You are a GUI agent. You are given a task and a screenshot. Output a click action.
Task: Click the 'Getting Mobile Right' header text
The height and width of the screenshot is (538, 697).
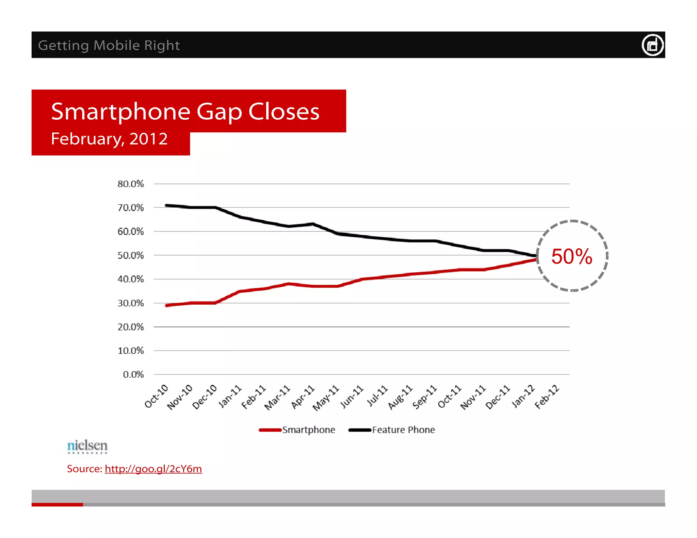point(109,45)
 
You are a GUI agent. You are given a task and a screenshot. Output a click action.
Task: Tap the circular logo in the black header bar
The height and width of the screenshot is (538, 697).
point(652,45)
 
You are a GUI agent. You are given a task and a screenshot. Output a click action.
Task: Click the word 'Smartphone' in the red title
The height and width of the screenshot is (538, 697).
point(120,112)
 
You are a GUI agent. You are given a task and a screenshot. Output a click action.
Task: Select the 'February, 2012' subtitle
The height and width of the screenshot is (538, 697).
point(109,139)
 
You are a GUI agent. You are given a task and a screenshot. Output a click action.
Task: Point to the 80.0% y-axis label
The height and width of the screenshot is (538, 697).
point(131,184)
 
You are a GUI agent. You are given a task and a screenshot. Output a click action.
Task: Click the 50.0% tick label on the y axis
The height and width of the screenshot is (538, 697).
point(131,255)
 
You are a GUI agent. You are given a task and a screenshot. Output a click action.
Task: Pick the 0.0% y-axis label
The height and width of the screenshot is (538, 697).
point(133,374)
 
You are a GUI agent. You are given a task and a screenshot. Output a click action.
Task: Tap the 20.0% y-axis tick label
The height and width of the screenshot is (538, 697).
point(131,327)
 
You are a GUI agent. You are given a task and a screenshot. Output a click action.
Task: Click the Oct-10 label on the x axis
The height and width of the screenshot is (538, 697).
point(157,396)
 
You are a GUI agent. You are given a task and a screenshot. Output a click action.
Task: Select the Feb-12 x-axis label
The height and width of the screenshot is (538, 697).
point(547,397)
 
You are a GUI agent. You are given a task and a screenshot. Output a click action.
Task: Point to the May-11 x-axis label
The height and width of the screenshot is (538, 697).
point(326,398)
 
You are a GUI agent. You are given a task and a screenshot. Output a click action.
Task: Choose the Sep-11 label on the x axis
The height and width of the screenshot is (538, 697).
point(424,397)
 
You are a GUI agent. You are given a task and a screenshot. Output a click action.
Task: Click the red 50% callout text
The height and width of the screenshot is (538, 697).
point(572,256)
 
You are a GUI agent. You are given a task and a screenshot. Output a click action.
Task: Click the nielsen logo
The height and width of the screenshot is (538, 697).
point(87,446)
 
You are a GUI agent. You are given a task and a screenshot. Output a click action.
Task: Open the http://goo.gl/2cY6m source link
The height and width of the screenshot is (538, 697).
point(153,469)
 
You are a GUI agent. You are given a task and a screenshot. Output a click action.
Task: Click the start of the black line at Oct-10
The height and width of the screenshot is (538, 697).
point(166,205)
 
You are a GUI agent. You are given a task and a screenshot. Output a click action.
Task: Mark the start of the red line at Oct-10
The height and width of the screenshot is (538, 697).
point(166,305)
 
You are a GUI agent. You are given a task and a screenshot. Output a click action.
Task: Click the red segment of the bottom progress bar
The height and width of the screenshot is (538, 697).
point(57,505)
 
